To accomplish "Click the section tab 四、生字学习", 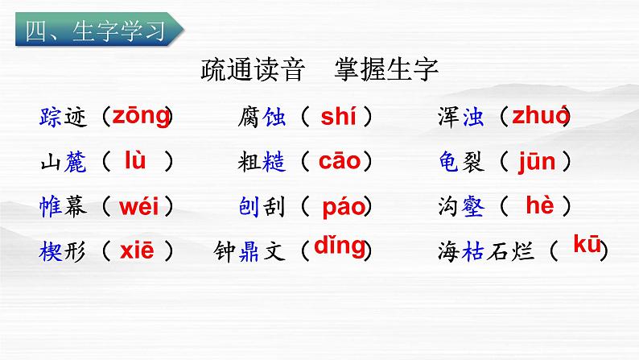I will click(96, 31).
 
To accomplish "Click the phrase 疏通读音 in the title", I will click(251, 72).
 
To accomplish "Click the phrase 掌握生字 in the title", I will click(385, 72).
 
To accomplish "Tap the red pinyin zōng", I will click(140, 116).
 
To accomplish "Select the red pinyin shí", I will click(337, 117).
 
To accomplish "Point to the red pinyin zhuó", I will click(540, 116).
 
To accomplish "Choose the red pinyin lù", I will click(134, 160).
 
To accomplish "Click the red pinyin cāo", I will click(340, 161).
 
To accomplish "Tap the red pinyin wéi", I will click(138, 206).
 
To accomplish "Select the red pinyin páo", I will click(344, 207).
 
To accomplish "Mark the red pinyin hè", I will click(539, 205).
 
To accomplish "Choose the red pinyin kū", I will click(587, 245).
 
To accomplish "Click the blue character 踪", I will click(50, 118).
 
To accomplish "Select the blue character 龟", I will click(450, 162).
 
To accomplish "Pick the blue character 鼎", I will click(247, 251).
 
